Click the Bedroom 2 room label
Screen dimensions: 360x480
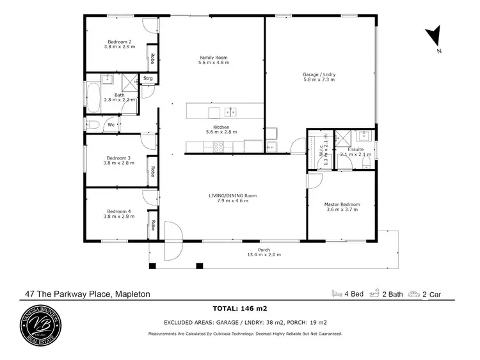(119, 42)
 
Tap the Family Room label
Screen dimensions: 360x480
(213, 58)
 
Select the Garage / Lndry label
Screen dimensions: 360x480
(319, 74)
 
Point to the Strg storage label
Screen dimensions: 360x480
(148, 79)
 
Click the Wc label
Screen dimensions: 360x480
(111, 125)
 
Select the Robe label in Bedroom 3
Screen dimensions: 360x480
(153, 171)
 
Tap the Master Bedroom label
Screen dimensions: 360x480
(342, 204)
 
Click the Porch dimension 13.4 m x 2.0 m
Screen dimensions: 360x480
(264, 255)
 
